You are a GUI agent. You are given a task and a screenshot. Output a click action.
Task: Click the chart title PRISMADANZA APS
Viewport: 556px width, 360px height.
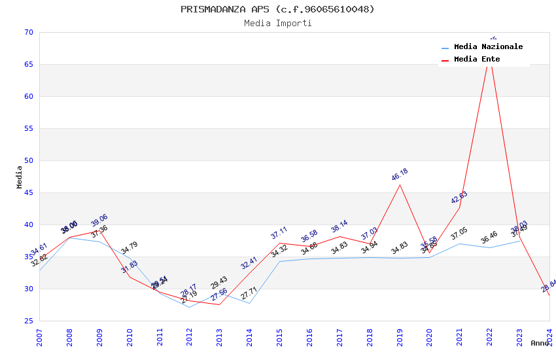pos(277,9)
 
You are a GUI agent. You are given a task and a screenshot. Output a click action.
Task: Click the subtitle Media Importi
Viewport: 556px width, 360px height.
pos(277,24)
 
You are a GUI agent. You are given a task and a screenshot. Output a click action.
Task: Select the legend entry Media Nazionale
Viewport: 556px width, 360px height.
pos(488,47)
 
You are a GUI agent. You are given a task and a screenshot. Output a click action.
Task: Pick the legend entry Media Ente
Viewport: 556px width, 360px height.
pos(476,60)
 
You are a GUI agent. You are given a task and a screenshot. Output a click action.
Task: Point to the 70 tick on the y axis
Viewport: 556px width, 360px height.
pos(27,33)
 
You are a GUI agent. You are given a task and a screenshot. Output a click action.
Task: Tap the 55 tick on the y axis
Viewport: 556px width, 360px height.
pos(27,129)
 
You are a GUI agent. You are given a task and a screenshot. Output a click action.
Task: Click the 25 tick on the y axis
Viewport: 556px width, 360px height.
pos(27,321)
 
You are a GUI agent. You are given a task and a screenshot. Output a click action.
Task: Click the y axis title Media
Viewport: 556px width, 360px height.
pos(20,177)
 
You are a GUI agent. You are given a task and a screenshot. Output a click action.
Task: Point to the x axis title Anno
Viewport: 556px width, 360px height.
pos(540,343)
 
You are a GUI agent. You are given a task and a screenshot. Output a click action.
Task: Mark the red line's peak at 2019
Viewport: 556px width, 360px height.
pos(400,185)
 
